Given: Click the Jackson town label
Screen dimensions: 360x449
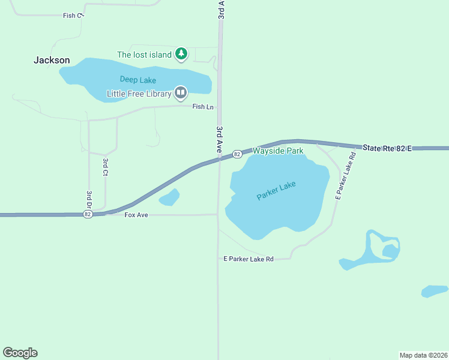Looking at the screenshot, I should tap(52, 60).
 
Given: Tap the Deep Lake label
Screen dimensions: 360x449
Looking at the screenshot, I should tap(138, 80).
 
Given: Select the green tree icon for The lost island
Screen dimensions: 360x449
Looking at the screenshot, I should tap(181, 55).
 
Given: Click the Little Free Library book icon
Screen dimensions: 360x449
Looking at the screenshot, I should tap(181, 93).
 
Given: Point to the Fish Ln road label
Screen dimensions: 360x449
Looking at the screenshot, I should tap(203, 107).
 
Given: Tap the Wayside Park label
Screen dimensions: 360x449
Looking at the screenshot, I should tap(278, 151).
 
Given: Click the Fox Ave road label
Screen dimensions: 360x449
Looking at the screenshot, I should tap(136, 214).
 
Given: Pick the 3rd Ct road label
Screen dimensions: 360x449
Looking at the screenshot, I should tap(105, 167).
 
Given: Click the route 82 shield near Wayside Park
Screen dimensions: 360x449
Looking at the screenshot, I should tap(237, 154).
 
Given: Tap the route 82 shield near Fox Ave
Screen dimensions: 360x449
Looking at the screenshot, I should tap(88, 214).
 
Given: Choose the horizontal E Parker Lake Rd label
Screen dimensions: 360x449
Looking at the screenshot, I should tap(249, 259).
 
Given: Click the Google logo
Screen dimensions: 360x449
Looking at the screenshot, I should tap(20, 353).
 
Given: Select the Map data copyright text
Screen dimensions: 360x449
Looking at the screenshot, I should tap(423, 355).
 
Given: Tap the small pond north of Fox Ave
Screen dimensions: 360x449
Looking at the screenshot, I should tap(170, 197).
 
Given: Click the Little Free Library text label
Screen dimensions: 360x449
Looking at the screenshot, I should tap(139, 94).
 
